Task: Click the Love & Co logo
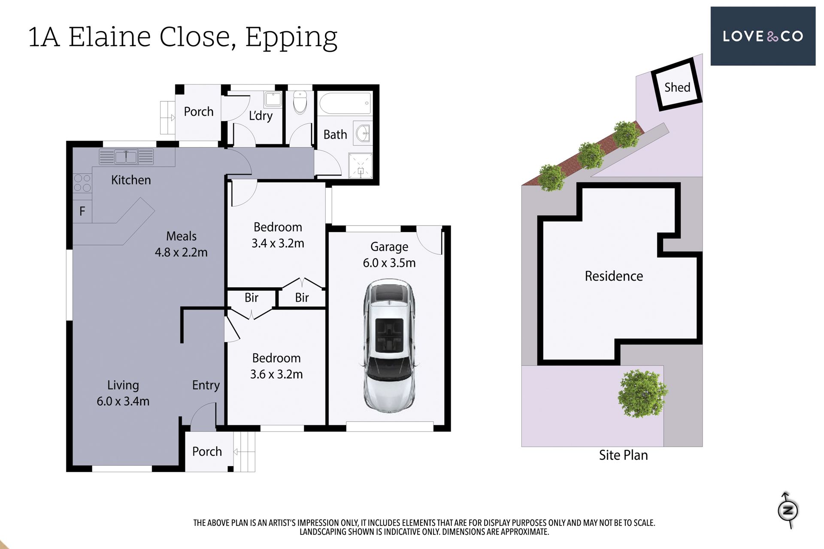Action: click(x=763, y=36)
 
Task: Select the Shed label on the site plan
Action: click(x=677, y=87)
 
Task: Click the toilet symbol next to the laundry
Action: click(x=300, y=102)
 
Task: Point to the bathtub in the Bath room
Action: click(x=345, y=103)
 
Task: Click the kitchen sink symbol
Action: click(x=126, y=157)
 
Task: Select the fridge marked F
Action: click(x=82, y=211)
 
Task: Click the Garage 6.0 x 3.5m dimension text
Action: click(x=389, y=255)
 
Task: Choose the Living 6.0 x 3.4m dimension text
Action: click(x=123, y=393)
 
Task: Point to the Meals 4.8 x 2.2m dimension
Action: click(x=181, y=244)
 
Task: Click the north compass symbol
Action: click(x=788, y=510)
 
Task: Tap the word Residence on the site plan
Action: click(x=614, y=276)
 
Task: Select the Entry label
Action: click(x=206, y=385)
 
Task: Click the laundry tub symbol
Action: click(x=273, y=99)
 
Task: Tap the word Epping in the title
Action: click(x=291, y=38)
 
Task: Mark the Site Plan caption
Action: click(x=623, y=455)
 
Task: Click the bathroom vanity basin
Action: click(x=363, y=133)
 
